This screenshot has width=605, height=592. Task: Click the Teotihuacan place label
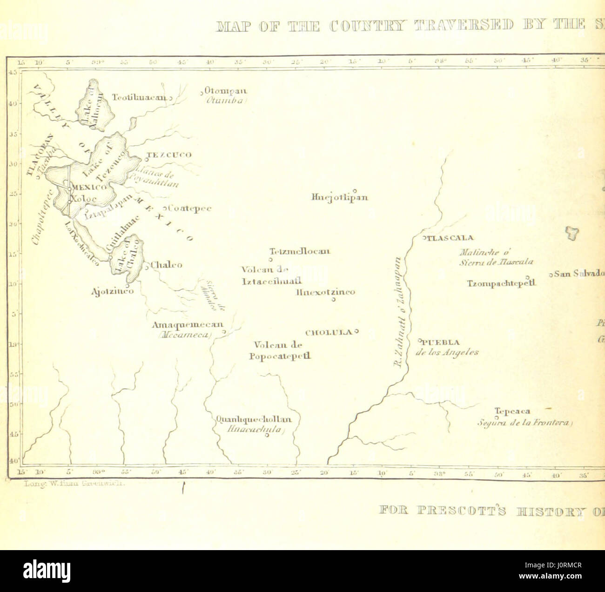pos(139,97)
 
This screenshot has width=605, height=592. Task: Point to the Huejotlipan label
pos(339,197)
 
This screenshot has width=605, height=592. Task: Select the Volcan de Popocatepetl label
pos(280,350)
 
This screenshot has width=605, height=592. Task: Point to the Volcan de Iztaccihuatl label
pos(271,275)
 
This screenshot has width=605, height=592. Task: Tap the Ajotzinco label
pos(113,291)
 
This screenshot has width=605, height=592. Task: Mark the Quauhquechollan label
pos(254,419)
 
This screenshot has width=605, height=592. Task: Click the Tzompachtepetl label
pos(502,283)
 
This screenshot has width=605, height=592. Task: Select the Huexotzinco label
pos(325,292)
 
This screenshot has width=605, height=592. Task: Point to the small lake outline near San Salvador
pos(571,233)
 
